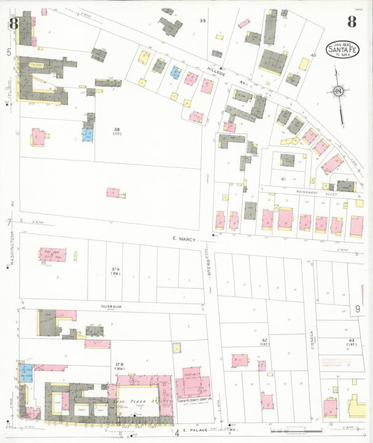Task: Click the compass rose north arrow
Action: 339,91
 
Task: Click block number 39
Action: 203,21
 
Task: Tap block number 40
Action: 313,55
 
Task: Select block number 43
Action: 350,341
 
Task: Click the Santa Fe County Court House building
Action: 195,386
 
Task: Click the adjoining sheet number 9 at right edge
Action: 358,308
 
